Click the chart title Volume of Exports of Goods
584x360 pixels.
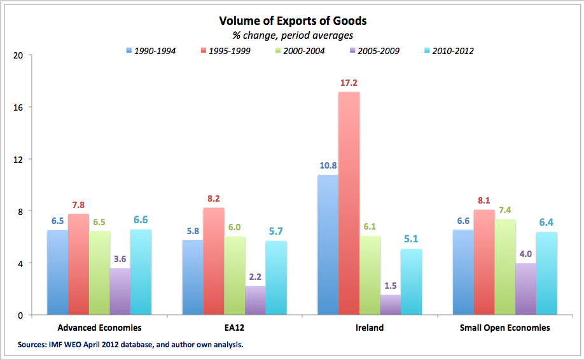(x=292, y=21)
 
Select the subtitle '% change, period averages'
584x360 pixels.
(x=292, y=36)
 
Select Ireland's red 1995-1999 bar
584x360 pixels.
(x=349, y=204)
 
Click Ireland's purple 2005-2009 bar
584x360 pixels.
(x=391, y=305)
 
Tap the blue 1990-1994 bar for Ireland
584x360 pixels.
(x=328, y=245)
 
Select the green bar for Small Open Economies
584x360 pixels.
(x=504, y=267)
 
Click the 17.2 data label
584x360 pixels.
(x=349, y=83)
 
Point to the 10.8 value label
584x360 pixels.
(x=328, y=166)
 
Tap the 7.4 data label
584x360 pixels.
(x=504, y=211)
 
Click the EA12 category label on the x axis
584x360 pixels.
(x=235, y=328)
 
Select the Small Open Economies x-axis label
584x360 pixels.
(x=504, y=328)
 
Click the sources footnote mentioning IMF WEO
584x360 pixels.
(x=131, y=345)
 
